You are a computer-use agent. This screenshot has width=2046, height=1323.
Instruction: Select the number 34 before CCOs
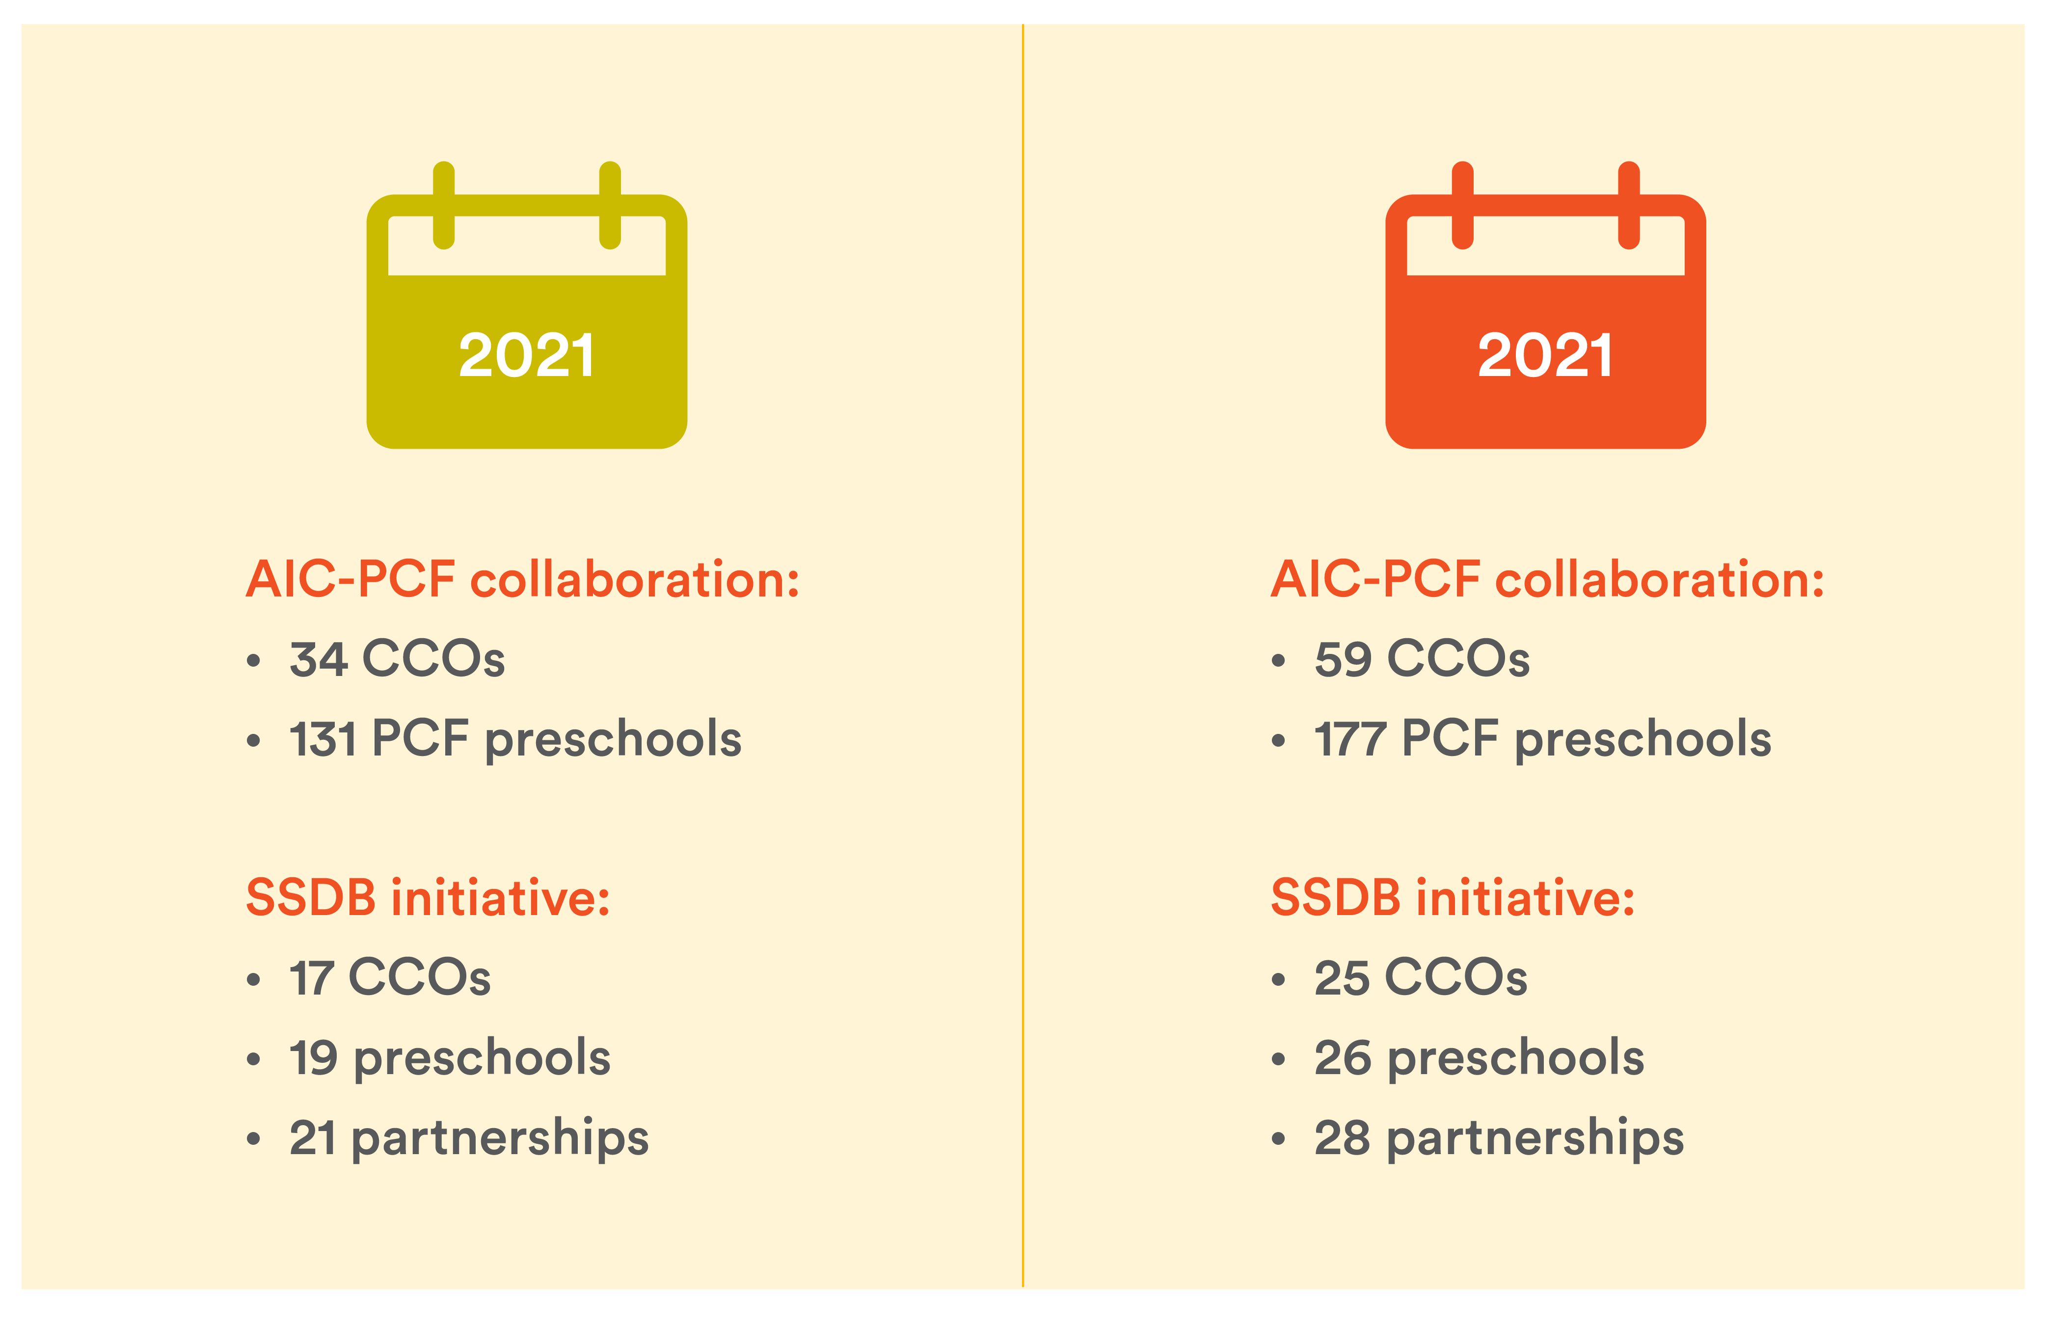(x=318, y=659)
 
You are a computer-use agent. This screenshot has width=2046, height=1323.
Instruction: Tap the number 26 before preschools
(x=1343, y=1057)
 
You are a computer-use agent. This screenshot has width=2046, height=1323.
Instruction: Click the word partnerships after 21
(x=500, y=1140)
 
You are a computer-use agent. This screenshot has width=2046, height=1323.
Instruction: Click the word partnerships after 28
(x=1536, y=1140)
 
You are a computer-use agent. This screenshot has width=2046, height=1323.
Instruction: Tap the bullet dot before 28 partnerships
(x=1278, y=1139)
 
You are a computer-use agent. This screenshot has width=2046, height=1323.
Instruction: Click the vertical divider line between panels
(x=1023, y=655)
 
